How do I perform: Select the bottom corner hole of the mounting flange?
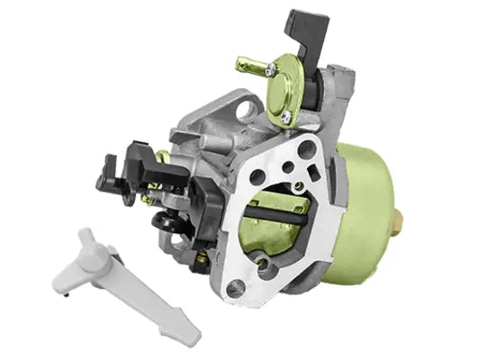click(x=235, y=289)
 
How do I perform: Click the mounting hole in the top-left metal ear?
click(x=244, y=111)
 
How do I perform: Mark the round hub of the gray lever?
click(x=89, y=248)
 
